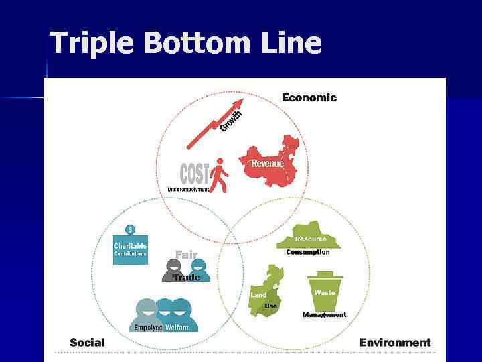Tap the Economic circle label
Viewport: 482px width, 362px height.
point(309,97)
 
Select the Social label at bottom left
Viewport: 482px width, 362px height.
point(88,342)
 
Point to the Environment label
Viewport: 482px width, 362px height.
point(395,342)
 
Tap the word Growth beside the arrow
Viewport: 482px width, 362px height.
point(230,121)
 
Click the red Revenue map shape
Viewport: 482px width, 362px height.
point(268,164)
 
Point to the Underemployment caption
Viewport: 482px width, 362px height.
point(188,189)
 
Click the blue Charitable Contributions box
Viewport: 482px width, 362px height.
point(130,250)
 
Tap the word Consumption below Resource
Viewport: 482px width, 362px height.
point(308,252)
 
